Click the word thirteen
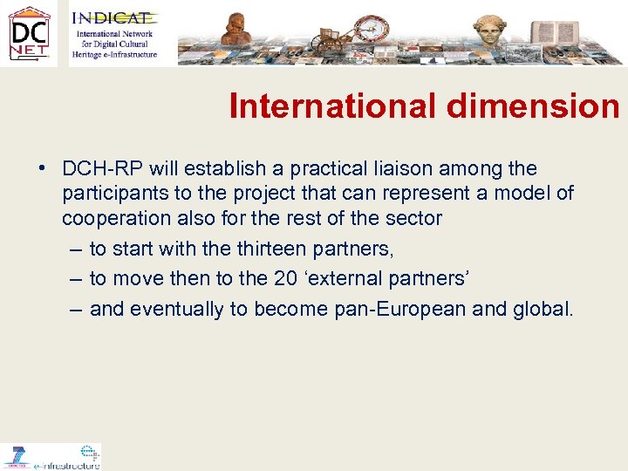pos(276,249)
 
